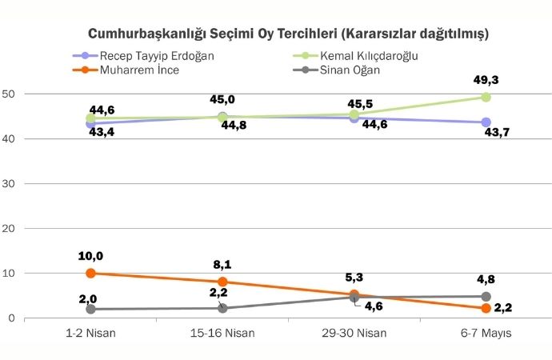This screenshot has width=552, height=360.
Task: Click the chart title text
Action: pyautogui.click(x=288, y=34)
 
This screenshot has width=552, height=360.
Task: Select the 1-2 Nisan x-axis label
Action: pyautogui.click(x=90, y=332)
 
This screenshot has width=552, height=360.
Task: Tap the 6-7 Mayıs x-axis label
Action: pyautogui.click(x=486, y=332)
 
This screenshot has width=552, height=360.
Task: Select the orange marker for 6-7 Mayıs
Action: pyautogui.click(x=486, y=308)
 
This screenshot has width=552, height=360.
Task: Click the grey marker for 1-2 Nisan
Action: pyautogui.click(x=90, y=309)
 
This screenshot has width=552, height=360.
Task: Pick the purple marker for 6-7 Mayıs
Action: pyautogui.click(x=486, y=122)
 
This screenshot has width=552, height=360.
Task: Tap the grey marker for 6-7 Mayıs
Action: pyautogui.click(x=486, y=297)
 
